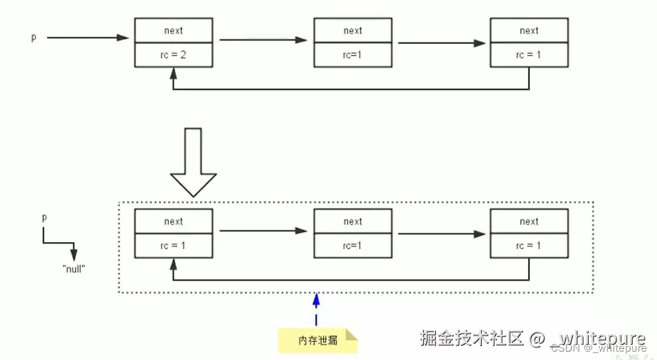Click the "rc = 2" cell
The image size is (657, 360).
coord(174,55)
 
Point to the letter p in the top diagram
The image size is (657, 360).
coord(33,38)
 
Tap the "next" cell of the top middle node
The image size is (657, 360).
coord(353,31)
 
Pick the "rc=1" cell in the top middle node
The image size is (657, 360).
coord(353,55)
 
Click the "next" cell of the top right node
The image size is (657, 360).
coord(529,31)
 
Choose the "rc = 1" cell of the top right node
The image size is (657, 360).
coord(529,55)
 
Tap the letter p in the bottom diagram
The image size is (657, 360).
coord(45,217)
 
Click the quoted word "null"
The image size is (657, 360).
coord(73,269)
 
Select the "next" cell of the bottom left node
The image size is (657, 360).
coord(174,221)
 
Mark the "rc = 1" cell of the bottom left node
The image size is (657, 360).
coord(174,246)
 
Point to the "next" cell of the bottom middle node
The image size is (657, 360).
coord(353,221)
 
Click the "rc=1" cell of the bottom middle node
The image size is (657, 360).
coord(353,246)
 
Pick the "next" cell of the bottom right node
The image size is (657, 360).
coord(529,221)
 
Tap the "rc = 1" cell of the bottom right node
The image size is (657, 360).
coord(529,246)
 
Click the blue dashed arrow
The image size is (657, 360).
coord(316,310)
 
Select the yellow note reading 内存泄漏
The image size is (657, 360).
coord(317,340)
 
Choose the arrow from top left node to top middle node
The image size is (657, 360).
coord(263,40)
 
